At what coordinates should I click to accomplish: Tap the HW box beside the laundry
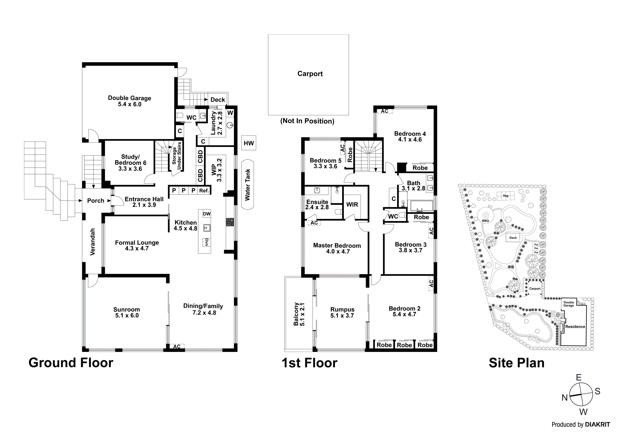tap(249, 143)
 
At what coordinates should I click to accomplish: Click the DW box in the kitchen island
tap(207, 214)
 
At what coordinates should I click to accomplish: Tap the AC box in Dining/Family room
tap(177, 346)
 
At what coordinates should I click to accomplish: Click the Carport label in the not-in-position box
tap(310, 74)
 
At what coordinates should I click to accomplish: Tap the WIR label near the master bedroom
tap(352, 204)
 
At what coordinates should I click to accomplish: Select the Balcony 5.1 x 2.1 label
tap(299, 314)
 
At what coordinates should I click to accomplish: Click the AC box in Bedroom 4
tap(384, 111)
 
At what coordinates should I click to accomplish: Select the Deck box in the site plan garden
tap(513, 238)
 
